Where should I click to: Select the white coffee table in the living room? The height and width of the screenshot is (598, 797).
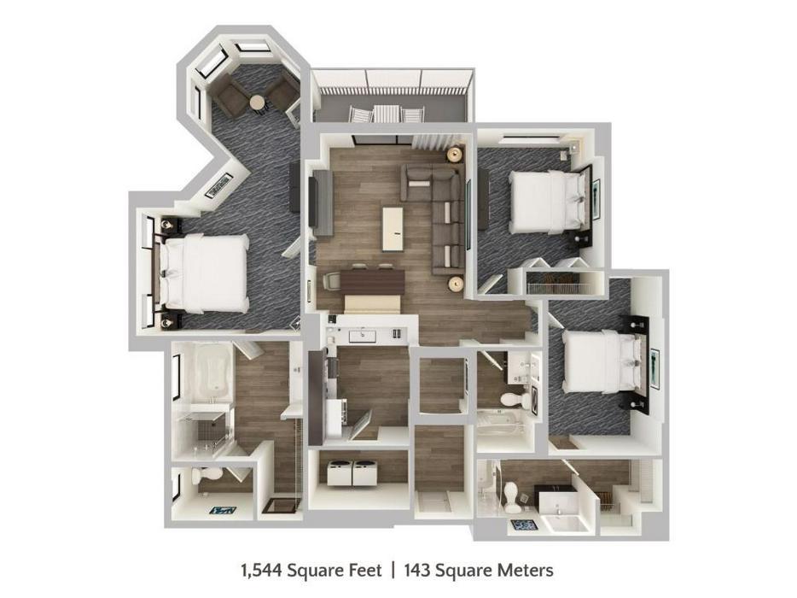393,228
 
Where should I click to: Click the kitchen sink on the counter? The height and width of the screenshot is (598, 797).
362,336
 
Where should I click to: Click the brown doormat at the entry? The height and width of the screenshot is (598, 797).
281,507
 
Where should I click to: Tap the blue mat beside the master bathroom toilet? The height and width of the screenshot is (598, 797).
223,509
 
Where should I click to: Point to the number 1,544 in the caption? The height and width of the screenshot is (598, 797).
261,570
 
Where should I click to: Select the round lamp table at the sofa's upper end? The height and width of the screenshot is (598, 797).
456,155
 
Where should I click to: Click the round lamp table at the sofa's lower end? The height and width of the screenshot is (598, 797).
456,284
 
